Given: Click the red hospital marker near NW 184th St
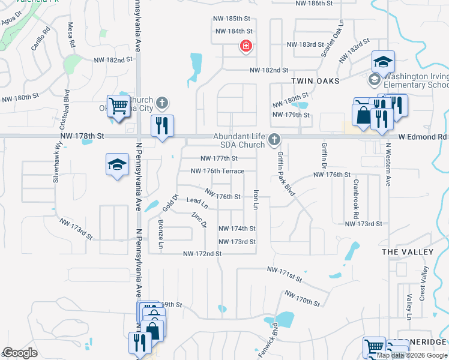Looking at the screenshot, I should coord(246,46).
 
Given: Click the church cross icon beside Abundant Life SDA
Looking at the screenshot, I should coord(274,140).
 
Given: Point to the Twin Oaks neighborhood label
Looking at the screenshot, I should coord(315,80).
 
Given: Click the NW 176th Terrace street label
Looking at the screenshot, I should coord(217,171).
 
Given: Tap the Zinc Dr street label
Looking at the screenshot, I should coord(199,220).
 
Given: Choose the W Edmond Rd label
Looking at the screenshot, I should coord(422,137).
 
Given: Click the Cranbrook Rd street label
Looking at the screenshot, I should coord(356,199).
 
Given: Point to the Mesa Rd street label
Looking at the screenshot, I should coord(71,35).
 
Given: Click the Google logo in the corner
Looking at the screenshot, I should coord(20,353).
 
